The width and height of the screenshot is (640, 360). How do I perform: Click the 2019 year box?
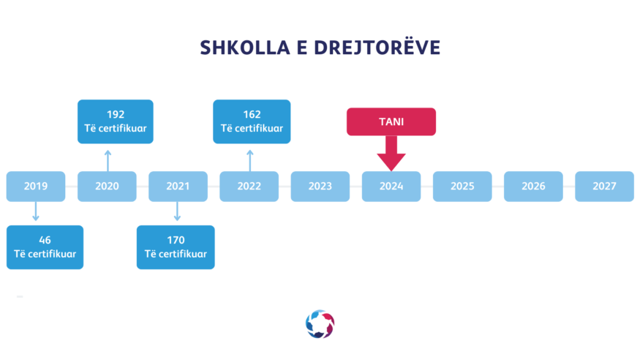point(36,187)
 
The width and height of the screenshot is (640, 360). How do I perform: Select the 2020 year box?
point(107,187)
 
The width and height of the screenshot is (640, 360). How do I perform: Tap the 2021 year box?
point(178,187)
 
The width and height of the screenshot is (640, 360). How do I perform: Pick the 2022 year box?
point(249,187)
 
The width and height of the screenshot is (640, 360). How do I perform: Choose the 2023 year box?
point(320,187)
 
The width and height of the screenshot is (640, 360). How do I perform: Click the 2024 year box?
point(391,187)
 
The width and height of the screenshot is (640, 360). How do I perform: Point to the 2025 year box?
point(462,187)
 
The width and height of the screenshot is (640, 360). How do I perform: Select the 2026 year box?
point(533,187)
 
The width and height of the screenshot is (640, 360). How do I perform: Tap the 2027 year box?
point(604,187)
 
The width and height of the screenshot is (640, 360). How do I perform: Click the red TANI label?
point(391,121)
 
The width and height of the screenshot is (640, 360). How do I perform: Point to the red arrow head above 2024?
point(391,162)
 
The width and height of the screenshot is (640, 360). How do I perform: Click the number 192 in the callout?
point(116,115)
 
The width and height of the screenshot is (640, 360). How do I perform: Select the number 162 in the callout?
point(252,115)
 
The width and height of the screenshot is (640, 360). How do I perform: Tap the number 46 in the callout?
point(45,240)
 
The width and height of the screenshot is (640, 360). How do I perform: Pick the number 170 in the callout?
point(176,240)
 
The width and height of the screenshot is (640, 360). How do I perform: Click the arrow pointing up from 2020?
point(108,160)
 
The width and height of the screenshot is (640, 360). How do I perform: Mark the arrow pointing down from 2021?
point(177,211)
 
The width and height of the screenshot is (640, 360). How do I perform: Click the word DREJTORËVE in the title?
point(377,48)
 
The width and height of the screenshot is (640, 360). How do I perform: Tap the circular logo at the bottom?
point(320,324)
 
